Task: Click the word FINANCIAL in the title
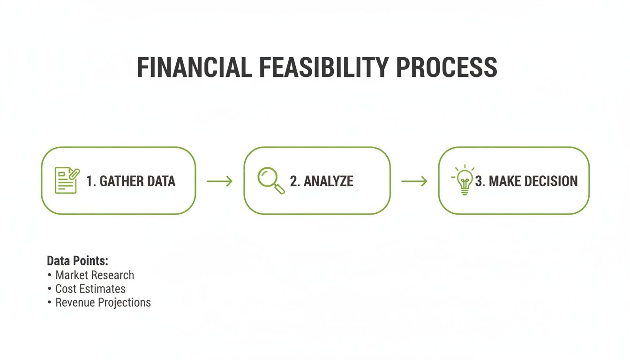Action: click(194, 67)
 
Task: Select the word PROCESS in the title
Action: click(447, 67)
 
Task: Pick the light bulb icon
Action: click(464, 180)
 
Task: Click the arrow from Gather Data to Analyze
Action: click(219, 181)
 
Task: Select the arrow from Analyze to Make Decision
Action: click(414, 181)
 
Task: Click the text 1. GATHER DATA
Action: click(131, 181)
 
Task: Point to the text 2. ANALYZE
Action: click(322, 181)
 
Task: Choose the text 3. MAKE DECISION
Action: click(526, 181)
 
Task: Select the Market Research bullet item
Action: click(95, 275)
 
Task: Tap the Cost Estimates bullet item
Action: click(90, 289)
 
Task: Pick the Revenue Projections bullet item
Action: click(103, 302)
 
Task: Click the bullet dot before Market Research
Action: click(49, 275)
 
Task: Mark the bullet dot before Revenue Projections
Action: click(49, 302)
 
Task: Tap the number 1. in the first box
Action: click(91, 181)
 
